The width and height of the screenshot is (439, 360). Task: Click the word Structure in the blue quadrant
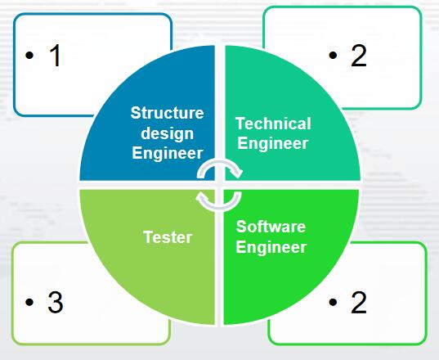[167, 113]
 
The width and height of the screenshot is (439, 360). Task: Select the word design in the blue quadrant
[167, 134]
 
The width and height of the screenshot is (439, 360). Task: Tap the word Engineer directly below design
[167, 153]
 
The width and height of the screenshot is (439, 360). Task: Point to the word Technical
[273, 124]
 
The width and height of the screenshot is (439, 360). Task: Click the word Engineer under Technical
[273, 143]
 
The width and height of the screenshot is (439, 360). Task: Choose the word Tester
[168, 237]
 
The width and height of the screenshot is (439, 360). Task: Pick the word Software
[271, 227]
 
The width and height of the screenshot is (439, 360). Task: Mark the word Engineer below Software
[271, 247]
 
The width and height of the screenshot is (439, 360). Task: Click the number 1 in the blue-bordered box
[55, 56]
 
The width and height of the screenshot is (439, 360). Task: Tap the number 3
[56, 302]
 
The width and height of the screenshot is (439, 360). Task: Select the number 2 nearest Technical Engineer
[359, 56]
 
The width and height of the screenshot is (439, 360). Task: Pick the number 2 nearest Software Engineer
[359, 302]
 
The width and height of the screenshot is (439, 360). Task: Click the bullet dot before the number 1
[29, 55]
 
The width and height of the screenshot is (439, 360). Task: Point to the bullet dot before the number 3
[29, 302]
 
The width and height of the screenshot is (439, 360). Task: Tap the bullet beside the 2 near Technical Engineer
[333, 55]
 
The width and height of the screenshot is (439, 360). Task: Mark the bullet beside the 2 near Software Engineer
[333, 302]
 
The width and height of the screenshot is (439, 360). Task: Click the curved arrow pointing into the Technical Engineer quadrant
[220, 163]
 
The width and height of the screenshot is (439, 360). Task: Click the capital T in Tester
[148, 237]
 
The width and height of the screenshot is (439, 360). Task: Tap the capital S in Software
[241, 227]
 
